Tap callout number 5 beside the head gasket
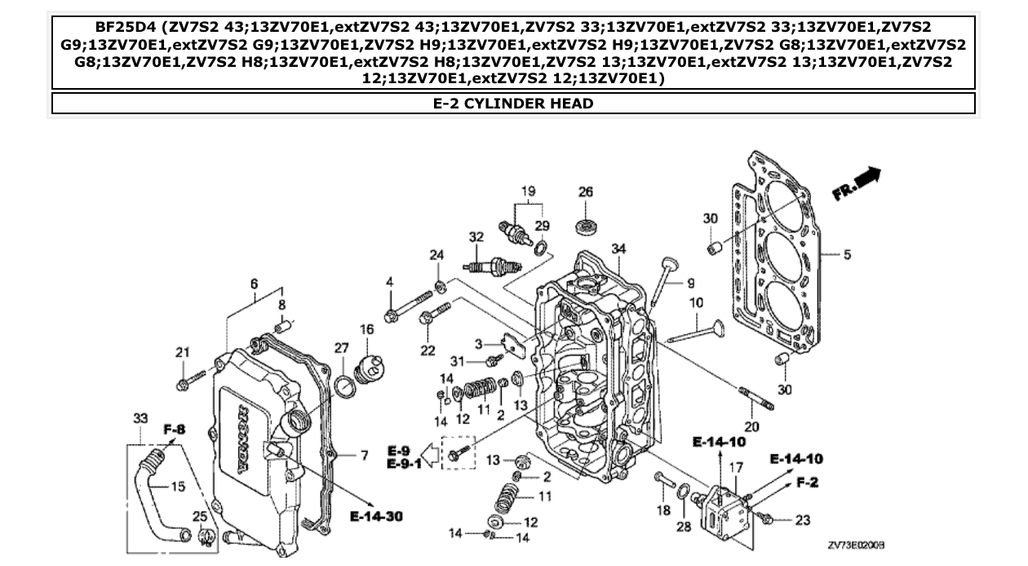pos(847,255)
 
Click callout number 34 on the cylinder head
pos(618,249)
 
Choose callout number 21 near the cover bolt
pos(182,352)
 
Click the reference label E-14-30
pos(377,515)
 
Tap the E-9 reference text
pos(398,450)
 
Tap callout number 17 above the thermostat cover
pos(736,468)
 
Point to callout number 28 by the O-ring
pos(684,528)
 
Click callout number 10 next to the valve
pos(696,303)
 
